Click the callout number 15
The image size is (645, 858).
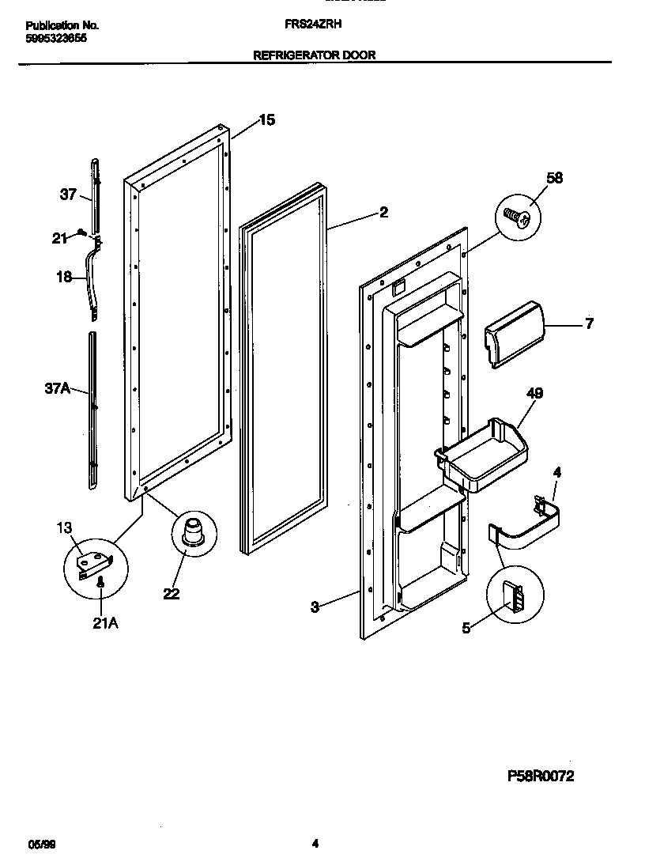coord(266,120)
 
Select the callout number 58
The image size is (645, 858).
coord(554,178)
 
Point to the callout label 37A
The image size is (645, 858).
coord(56,387)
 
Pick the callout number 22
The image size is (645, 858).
coord(172,594)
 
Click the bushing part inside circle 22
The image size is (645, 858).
coord(192,531)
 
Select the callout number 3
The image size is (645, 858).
coord(315,607)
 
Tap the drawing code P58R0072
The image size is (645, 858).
coord(540,776)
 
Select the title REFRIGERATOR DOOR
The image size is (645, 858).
coord(314,55)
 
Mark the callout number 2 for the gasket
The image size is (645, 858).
coord(383,212)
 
